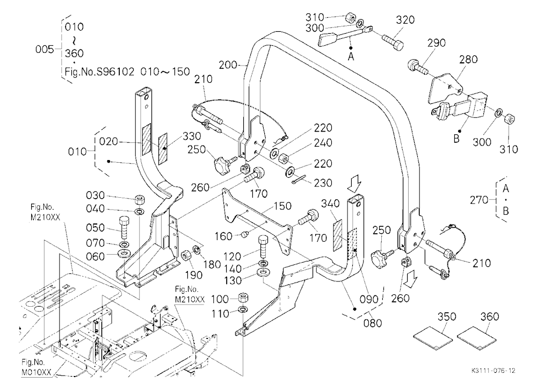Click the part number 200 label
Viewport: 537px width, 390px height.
(x=228, y=65)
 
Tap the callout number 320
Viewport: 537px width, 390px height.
(x=405, y=20)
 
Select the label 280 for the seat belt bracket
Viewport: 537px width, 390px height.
(x=468, y=59)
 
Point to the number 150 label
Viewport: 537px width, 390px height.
(x=282, y=206)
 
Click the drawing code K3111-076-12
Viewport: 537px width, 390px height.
(x=493, y=371)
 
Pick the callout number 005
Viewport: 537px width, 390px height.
(x=45, y=49)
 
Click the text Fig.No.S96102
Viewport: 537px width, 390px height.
(x=99, y=71)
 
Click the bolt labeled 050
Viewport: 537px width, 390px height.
(x=125, y=228)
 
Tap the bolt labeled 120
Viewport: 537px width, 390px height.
(x=264, y=247)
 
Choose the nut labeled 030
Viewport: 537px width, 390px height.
(x=139, y=199)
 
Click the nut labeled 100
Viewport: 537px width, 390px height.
(x=243, y=298)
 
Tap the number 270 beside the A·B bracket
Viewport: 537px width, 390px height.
(x=479, y=200)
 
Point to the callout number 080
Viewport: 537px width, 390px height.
(x=373, y=323)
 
